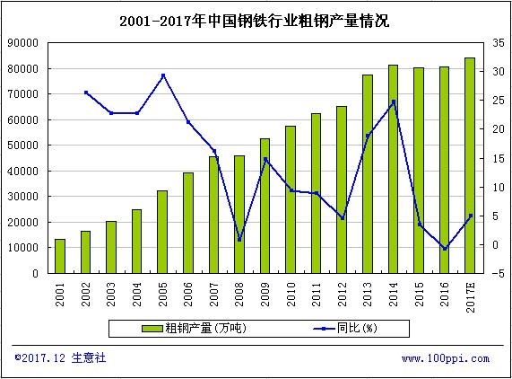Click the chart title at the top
coord(255,21)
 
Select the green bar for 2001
coord(60,256)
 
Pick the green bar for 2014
coord(393,171)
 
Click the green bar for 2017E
coord(469,166)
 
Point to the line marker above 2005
coord(162,75)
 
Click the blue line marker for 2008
coord(239,240)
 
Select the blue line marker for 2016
coord(444,249)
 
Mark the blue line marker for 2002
coord(86,93)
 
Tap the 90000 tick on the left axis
coord(22,43)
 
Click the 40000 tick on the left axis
coord(22,172)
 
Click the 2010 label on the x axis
coord(291,293)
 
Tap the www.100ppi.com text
coord(445,358)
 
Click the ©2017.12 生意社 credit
coord(60,357)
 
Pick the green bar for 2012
coord(342,190)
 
